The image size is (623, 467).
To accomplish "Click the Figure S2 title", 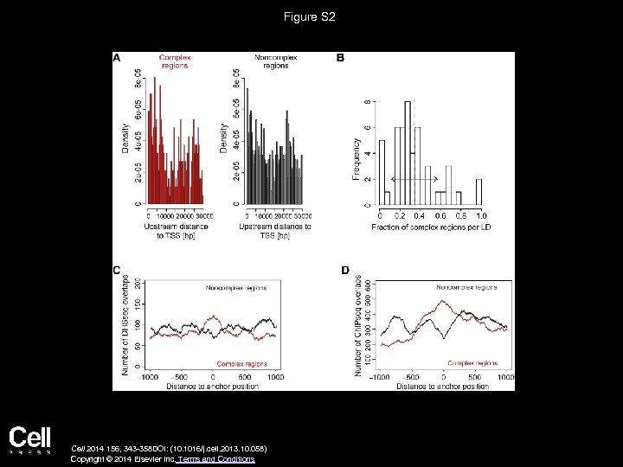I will [x=311, y=16].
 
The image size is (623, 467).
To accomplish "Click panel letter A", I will [x=117, y=58].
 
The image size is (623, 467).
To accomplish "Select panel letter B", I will [x=339, y=58].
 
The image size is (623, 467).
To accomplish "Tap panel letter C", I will [x=117, y=270].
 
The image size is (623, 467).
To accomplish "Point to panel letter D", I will [x=345, y=271].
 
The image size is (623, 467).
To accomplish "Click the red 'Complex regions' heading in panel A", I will [x=174, y=61].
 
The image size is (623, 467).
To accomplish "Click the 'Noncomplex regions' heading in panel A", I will [x=272, y=61].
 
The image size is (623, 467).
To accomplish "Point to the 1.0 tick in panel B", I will [x=481, y=214].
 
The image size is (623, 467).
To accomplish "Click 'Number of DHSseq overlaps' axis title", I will [x=125, y=325].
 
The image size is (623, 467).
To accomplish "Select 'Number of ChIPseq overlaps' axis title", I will [x=358, y=325].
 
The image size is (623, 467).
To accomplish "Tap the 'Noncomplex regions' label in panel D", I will [x=468, y=285].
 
